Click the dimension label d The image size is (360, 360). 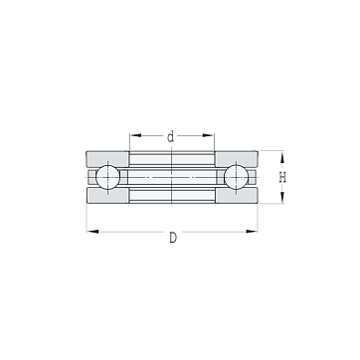(170, 136)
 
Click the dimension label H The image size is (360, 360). (282, 178)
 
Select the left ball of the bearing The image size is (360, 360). (107, 177)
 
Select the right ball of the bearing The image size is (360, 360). (236, 177)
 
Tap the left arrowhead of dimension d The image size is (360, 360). (135, 135)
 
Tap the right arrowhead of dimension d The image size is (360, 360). (208, 135)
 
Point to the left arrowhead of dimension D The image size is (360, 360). (92, 232)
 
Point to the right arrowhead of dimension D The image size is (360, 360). (252, 232)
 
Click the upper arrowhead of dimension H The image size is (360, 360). (282, 157)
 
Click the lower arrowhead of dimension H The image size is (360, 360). (282, 198)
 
